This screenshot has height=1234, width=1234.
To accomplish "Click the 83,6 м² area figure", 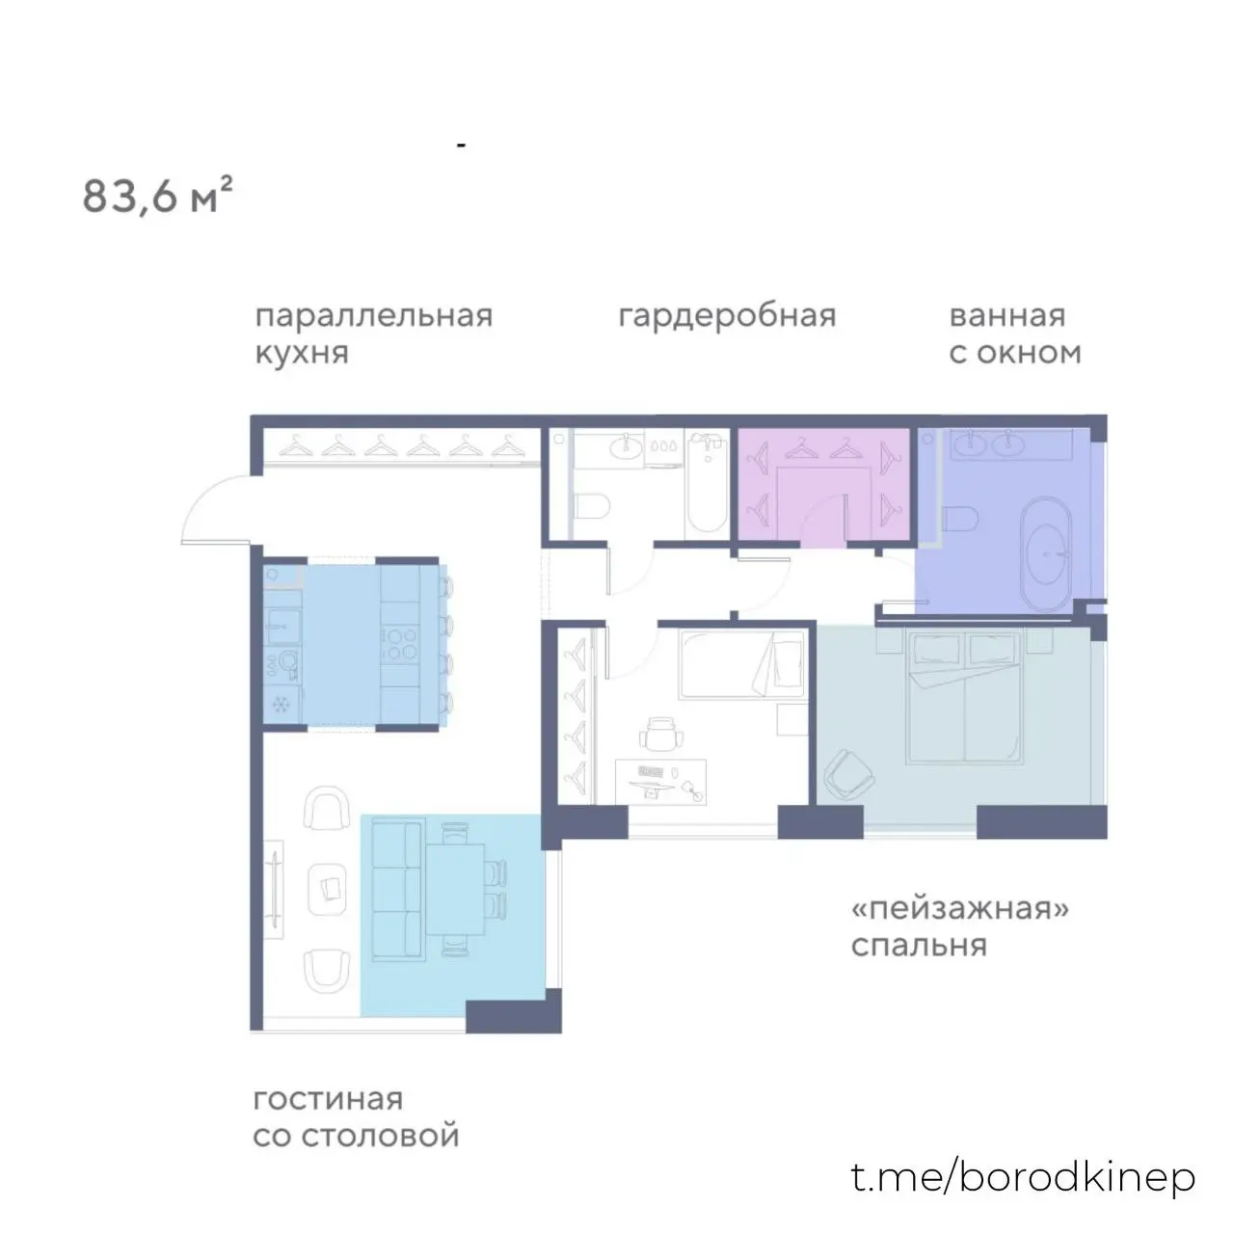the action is (x=157, y=196).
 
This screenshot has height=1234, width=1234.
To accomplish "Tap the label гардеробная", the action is (x=728, y=316).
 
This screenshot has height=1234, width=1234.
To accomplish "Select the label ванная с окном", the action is (x=1015, y=335).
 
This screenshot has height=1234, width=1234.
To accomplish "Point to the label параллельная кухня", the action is (x=374, y=335).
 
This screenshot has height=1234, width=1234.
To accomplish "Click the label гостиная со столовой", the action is (x=356, y=1117).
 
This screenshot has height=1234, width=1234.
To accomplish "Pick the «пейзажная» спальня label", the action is (x=960, y=926).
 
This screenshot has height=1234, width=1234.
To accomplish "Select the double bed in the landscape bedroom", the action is (x=964, y=697).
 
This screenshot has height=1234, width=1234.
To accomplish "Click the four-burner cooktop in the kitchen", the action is (x=399, y=644).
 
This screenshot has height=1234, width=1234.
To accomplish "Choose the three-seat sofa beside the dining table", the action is (x=397, y=891).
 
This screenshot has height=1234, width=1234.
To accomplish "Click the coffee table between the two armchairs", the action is (x=327, y=890).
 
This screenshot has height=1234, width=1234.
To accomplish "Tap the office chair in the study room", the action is (x=661, y=734).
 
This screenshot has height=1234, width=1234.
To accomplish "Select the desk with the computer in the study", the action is (x=661, y=781).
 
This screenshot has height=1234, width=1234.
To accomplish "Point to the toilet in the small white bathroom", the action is (x=592, y=506).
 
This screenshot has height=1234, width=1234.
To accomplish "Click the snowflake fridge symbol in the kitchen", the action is (x=281, y=705).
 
